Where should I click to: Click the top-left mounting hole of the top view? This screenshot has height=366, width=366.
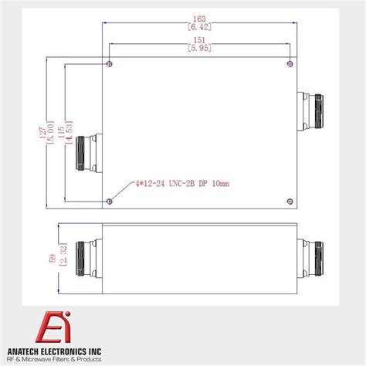(x=110, y=63)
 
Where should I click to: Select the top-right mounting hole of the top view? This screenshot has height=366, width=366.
(x=289, y=63)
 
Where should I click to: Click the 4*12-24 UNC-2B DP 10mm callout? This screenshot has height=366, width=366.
(x=182, y=183)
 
